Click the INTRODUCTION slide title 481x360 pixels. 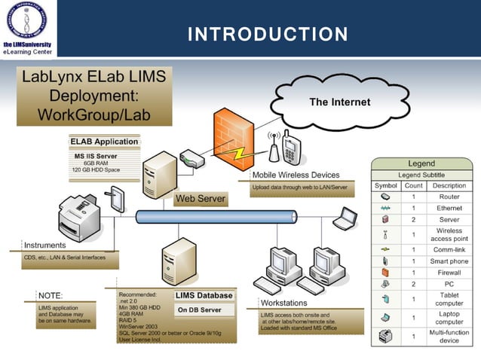click(x=268, y=34)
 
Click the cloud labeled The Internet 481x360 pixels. click(x=339, y=102)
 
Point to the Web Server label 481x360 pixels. click(x=200, y=200)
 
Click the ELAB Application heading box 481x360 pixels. click(x=104, y=142)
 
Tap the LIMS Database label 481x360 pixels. click(x=204, y=295)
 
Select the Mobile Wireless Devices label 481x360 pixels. click(x=295, y=175)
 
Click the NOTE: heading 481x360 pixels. click(x=51, y=295)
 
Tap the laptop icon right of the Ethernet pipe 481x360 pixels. click(x=345, y=218)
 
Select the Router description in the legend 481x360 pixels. click(x=449, y=197)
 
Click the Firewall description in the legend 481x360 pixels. click(x=449, y=272)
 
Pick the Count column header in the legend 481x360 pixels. click(x=413, y=185)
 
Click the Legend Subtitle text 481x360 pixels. click(x=421, y=175)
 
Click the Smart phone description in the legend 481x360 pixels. click(x=449, y=261)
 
